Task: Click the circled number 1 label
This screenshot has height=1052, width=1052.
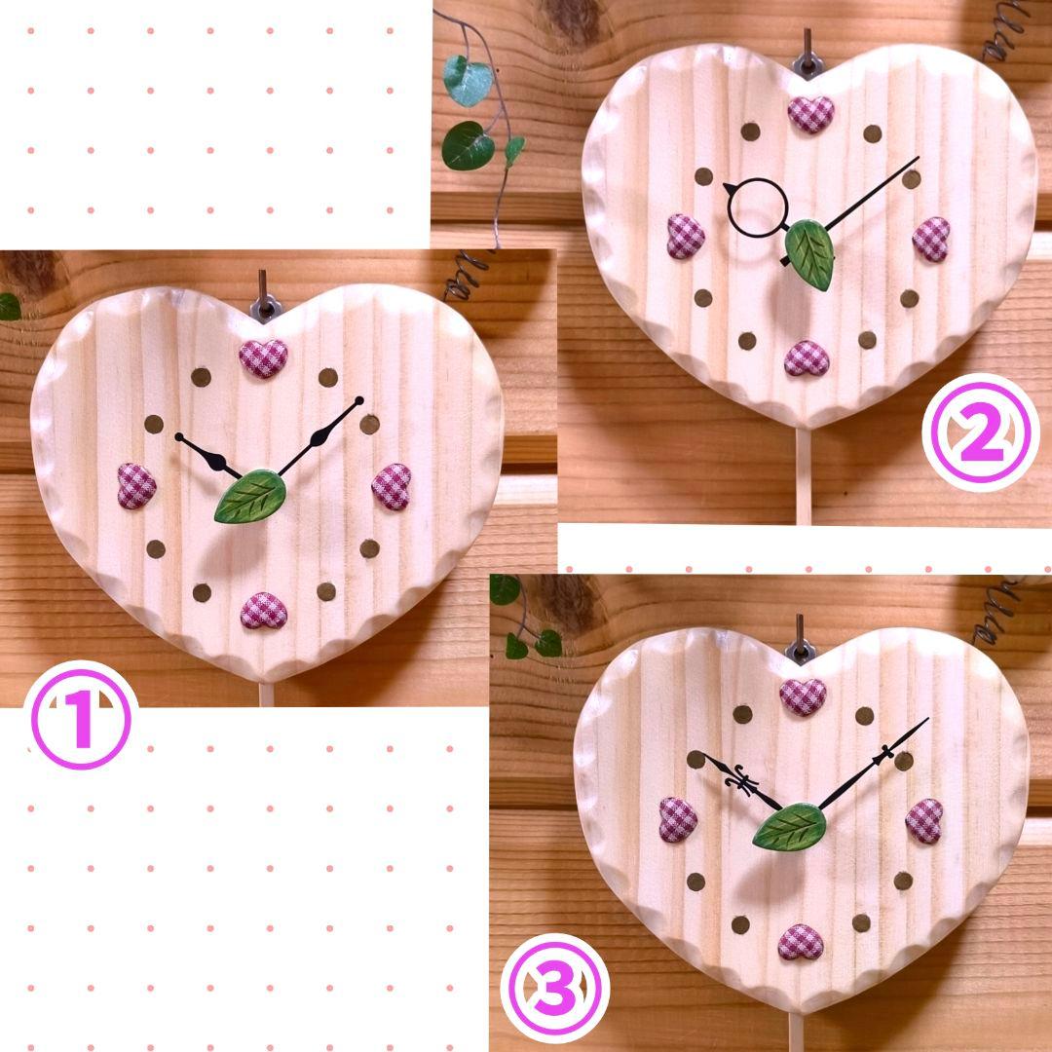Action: click(x=81, y=719)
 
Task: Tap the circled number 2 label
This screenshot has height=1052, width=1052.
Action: click(x=981, y=432)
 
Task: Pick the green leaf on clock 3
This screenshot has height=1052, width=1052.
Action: click(x=790, y=827)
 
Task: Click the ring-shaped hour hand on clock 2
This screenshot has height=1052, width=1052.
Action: click(x=758, y=208)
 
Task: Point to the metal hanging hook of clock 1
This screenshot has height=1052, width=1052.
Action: click(x=265, y=299)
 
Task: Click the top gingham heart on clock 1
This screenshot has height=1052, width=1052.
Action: click(x=264, y=358)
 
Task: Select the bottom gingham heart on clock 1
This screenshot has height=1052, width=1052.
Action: click(x=264, y=611)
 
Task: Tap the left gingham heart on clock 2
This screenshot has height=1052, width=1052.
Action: click(x=686, y=236)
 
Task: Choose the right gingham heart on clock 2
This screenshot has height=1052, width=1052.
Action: click(x=931, y=239)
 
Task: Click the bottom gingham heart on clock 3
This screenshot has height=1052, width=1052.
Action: click(x=801, y=942)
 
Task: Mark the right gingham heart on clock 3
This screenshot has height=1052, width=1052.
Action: click(x=924, y=820)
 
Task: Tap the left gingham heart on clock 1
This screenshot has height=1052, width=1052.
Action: click(x=137, y=485)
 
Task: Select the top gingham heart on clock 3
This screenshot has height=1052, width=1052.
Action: click(x=803, y=696)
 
